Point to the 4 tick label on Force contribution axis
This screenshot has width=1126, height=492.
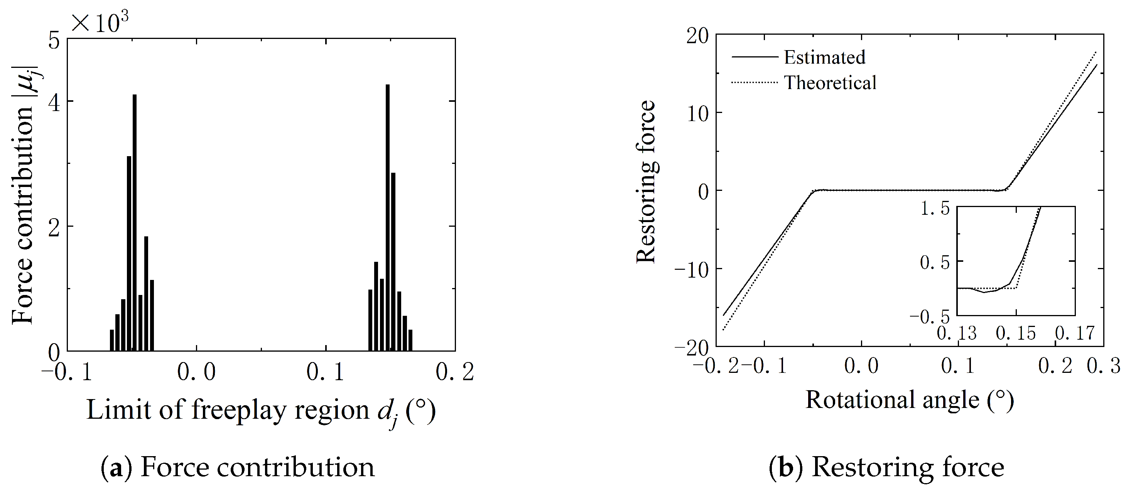coord(54,101)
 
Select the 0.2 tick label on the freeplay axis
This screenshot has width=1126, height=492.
coord(454,372)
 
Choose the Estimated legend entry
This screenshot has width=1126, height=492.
coord(824,57)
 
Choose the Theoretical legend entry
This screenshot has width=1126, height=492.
coord(830,83)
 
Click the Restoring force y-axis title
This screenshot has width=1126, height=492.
coord(646,182)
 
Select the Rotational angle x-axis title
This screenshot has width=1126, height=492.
coord(909,400)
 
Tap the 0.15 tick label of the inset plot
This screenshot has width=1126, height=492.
coord(1016,334)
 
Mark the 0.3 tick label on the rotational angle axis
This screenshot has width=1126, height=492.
coord(1103,365)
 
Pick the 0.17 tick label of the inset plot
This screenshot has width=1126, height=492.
coord(1075,334)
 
